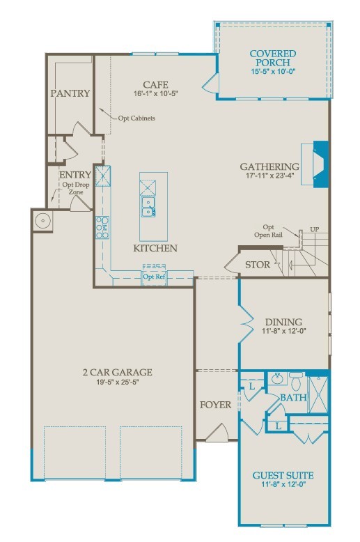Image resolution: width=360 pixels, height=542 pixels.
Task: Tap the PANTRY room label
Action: pyautogui.click(x=70, y=93)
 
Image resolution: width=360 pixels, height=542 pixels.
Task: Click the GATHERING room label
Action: pyautogui.click(x=269, y=167)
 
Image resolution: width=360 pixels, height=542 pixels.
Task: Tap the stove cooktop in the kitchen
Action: pyautogui.click(x=102, y=227)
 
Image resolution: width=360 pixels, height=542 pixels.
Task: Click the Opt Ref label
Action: pyautogui.click(x=154, y=277)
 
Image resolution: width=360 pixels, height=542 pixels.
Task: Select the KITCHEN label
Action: pyautogui.click(x=155, y=248)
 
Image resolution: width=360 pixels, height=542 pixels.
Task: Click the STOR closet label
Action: pyautogui.click(x=257, y=265)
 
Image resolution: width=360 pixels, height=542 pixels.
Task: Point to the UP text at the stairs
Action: pyautogui.click(x=315, y=229)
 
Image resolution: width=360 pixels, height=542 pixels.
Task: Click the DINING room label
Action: pyautogui.click(x=283, y=322)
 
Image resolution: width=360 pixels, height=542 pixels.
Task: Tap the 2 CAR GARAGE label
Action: pyautogui.click(x=118, y=372)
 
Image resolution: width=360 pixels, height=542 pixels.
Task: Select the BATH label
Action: pyautogui.click(x=292, y=397)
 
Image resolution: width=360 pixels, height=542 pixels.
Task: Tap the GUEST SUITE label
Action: pyautogui.click(x=283, y=476)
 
